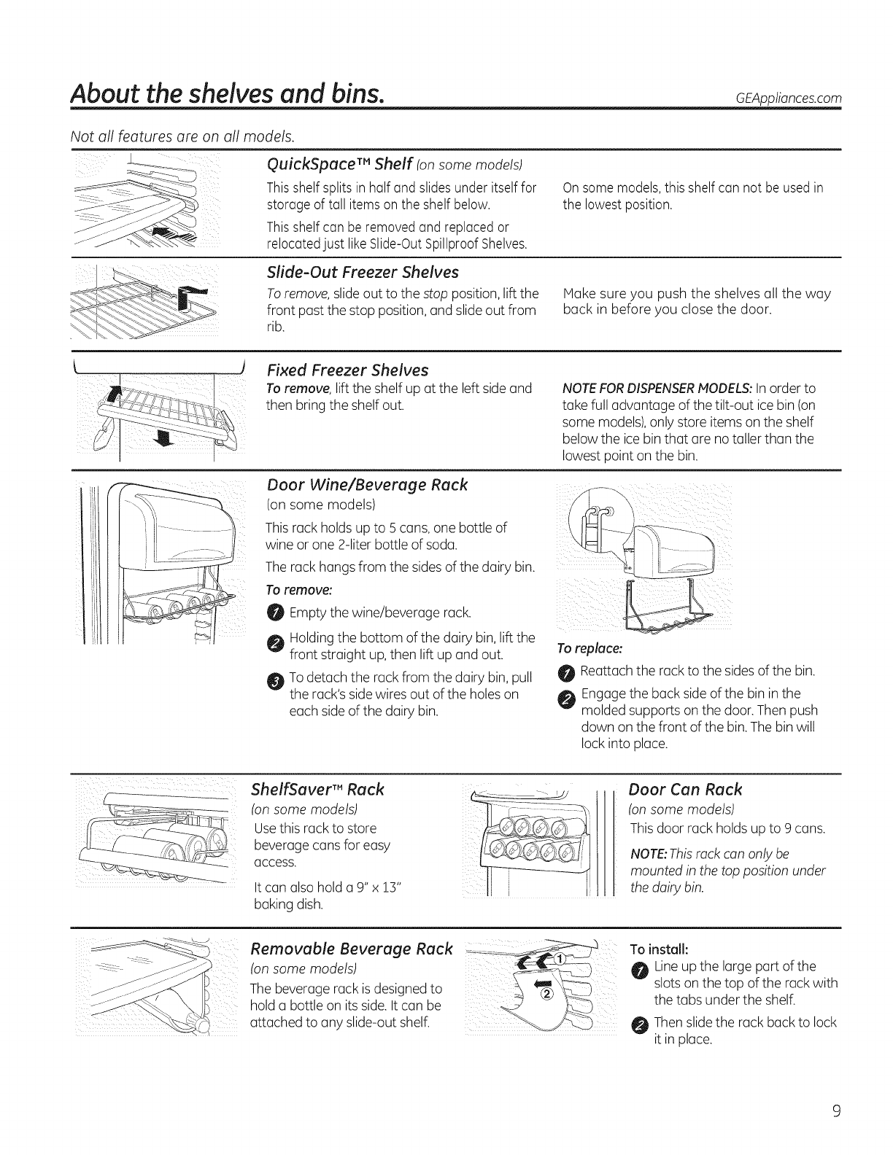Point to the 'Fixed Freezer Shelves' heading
pos(347,369)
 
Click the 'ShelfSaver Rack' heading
pos(317,789)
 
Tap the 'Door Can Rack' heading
pos(685,789)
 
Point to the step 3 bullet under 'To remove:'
pos(274,682)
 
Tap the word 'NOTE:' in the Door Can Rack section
pos(646,854)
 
